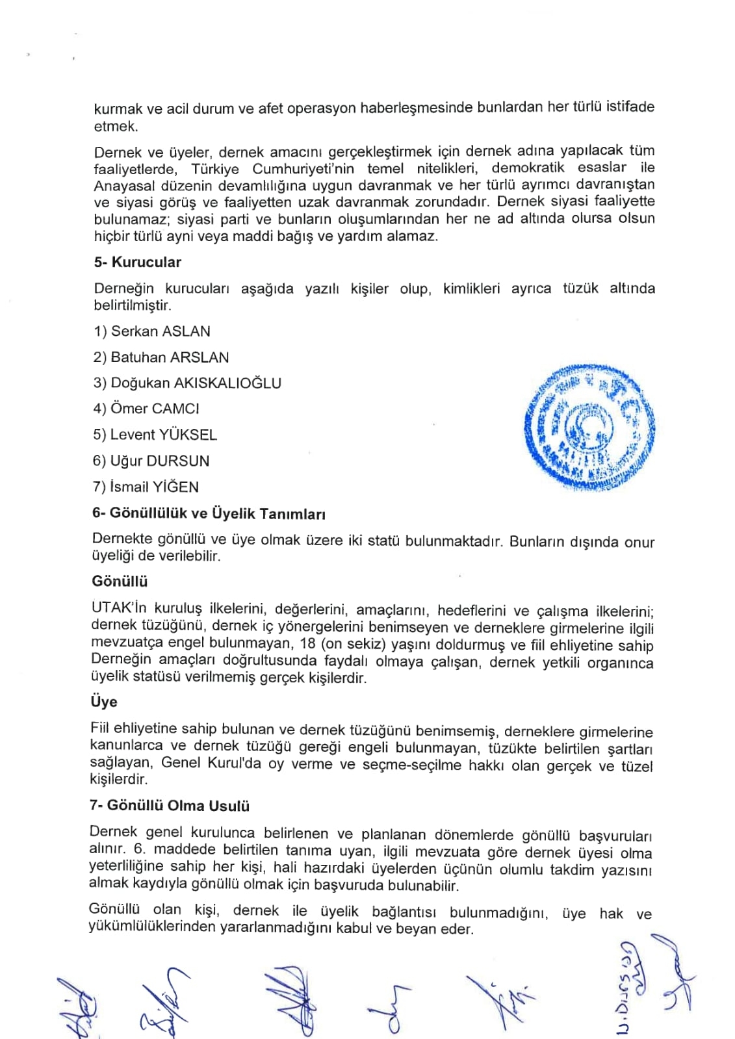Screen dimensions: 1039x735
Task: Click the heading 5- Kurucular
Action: [137, 263]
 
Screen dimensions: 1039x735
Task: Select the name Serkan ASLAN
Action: [161, 331]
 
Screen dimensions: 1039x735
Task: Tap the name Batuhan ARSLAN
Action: [170, 357]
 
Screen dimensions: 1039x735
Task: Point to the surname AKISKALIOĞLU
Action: [227, 383]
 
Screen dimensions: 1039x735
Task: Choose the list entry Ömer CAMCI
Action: [155, 409]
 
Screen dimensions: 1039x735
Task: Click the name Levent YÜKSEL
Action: [163, 435]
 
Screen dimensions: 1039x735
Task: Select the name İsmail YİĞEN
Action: [154, 487]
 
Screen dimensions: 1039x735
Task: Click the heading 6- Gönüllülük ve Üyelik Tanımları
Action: [209, 513]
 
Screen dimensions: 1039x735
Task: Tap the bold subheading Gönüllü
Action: [120, 581]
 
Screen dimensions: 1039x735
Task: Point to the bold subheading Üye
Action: [104, 702]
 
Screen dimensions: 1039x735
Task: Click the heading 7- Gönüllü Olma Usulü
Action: [170, 806]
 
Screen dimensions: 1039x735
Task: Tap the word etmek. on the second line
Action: [116, 127]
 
